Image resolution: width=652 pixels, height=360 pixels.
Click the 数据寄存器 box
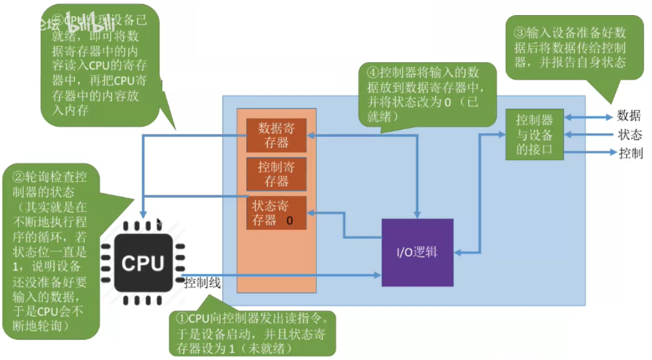tap(276, 135)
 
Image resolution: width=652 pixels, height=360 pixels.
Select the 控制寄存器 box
tap(276, 174)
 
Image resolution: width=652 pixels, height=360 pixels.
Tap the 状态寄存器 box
tap(276, 213)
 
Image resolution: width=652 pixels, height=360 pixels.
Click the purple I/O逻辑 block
tap(417, 252)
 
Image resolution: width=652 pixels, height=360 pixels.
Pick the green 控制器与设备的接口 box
tap(534, 135)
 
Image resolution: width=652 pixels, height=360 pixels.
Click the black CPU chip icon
tap(142, 263)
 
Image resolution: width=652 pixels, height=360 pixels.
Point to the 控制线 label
tap(203, 283)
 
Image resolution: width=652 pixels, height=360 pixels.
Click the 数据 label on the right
tap(628, 116)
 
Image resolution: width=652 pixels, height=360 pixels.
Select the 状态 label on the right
tap(628, 135)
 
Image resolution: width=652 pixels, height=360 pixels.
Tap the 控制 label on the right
tap(628, 153)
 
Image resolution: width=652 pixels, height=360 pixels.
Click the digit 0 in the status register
tap(290, 220)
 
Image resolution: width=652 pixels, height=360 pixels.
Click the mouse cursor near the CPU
tap(159, 223)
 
